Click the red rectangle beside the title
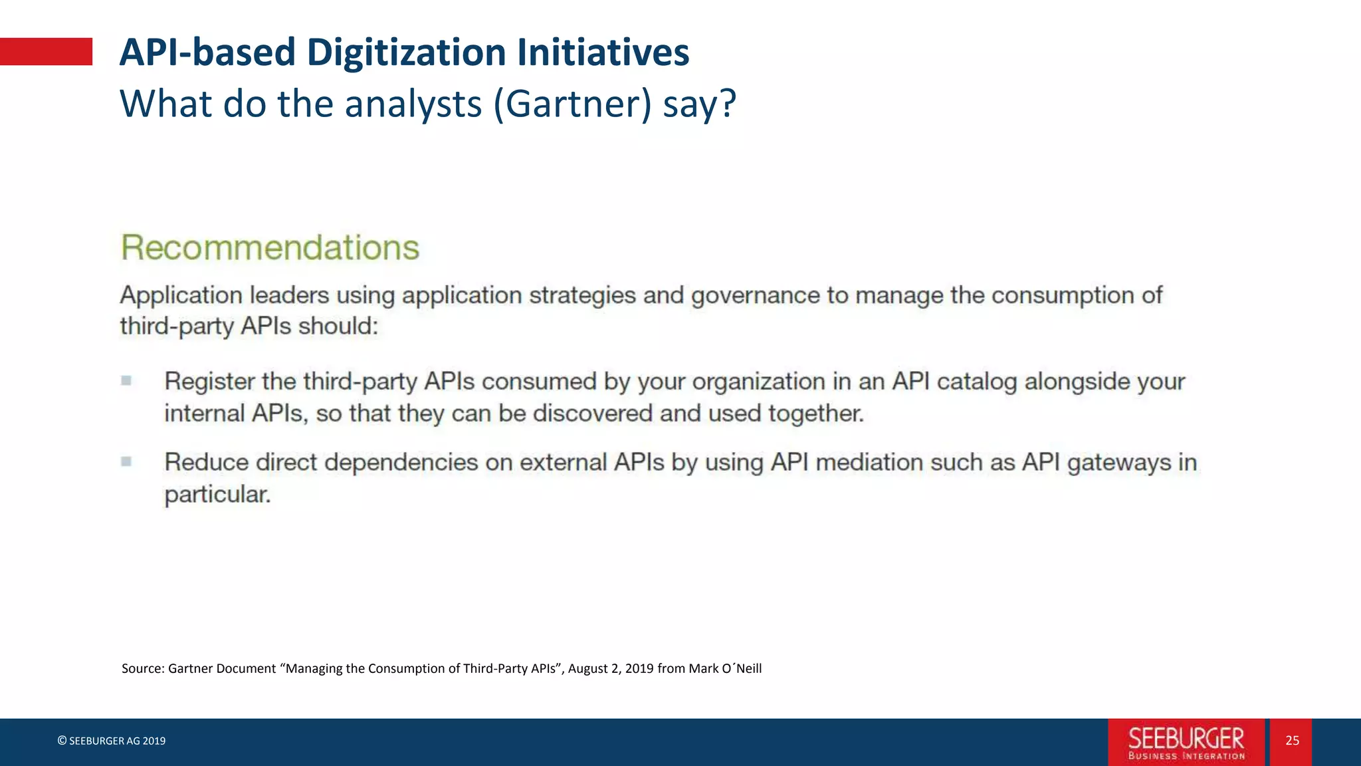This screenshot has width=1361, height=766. (46, 52)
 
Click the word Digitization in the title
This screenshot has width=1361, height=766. (406, 53)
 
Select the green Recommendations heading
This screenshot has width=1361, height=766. (270, 247)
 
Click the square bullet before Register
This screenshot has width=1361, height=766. (126, 380)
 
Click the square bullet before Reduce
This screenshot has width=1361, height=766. (126, 461)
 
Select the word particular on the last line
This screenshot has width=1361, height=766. (217, 495)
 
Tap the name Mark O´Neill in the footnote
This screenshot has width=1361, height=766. (725, 668)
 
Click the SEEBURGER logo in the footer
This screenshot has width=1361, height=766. (1186, 742)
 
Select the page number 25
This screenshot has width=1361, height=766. (1292, 741)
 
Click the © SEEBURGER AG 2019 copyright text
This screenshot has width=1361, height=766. (112, 741)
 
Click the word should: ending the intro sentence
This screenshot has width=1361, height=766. (338, 326)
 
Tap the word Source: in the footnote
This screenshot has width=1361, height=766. (143, 668)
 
